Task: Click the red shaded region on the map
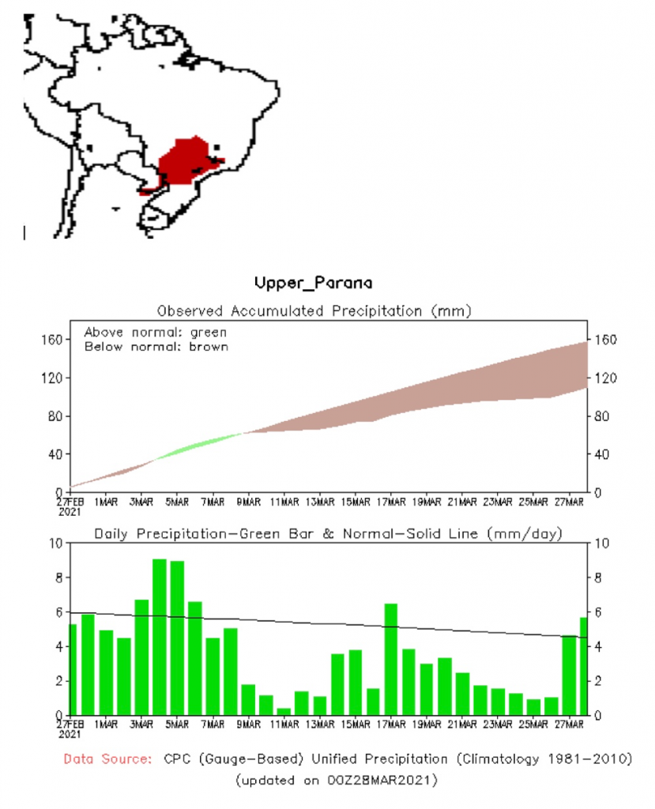point(186,161)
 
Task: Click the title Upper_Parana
point(313,282)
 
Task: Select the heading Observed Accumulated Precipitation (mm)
point(314,310)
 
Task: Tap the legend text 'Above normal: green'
point(156,332)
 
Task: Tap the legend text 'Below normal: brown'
point(156,346)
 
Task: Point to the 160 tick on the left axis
point(52,340)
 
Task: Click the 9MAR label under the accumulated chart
point(248,502)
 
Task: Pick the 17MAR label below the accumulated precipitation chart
point(391,502)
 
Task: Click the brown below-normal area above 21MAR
point(462,387)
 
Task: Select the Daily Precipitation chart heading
point(328,534)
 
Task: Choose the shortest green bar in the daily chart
point(284,712)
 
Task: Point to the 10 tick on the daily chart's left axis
point(55,544)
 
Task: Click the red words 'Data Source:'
point(107,759)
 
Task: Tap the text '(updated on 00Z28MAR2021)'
point(336,780)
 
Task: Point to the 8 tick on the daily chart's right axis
point(599,578)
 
